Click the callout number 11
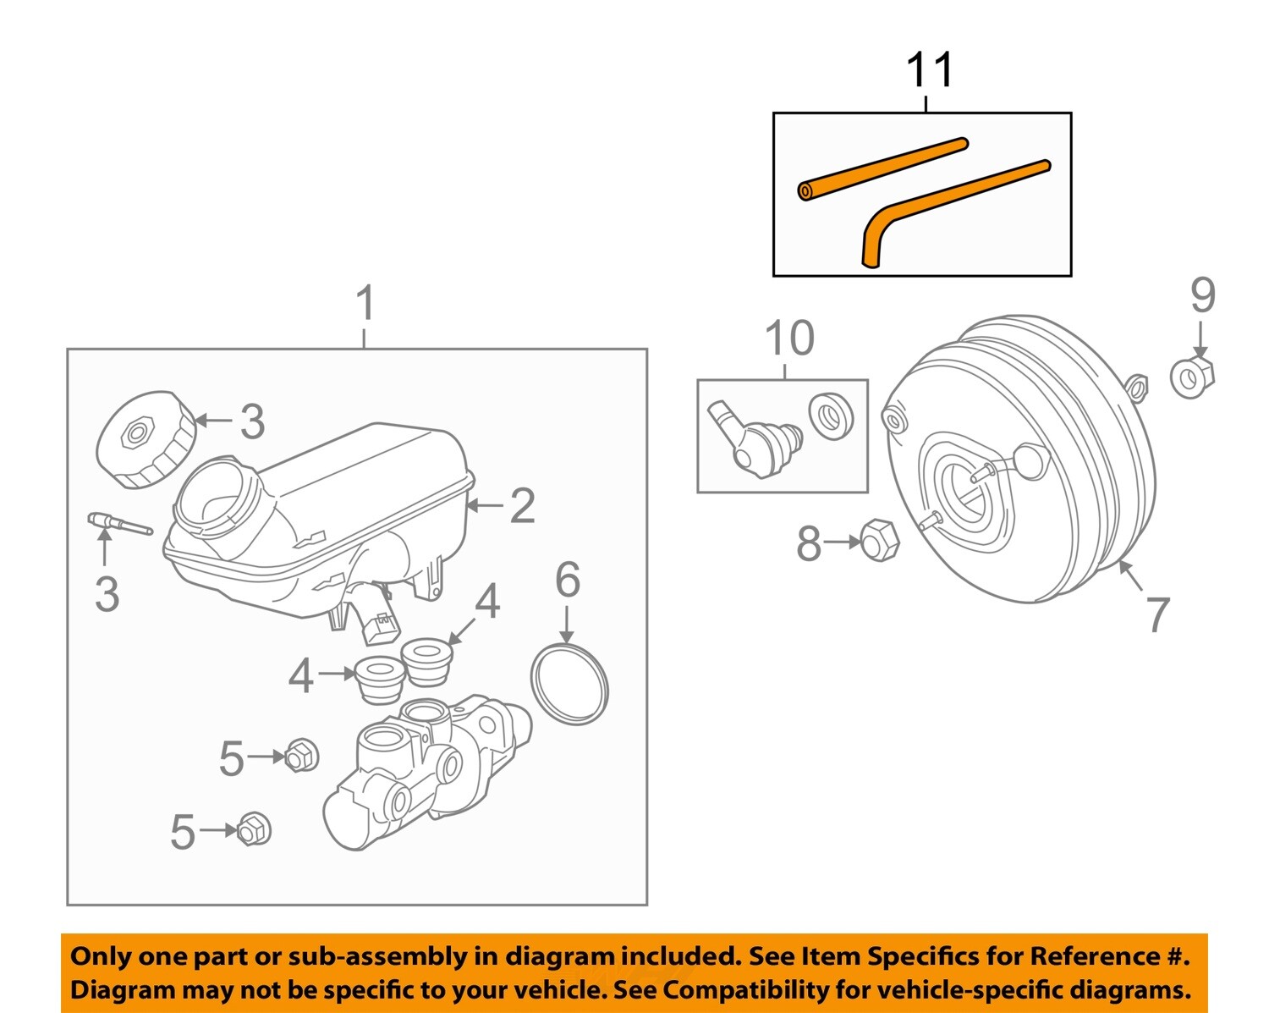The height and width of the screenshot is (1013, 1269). pyautogui.click(x=929, y=70)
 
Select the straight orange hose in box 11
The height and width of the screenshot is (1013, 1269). pyautogui.click(x=883, y=168)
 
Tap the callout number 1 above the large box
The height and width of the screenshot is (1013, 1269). pyautogui.click(x=365, y=304)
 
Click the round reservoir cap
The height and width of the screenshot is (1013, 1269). pyautogui.click(x=146, y=439)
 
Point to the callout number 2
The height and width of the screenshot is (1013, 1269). pyautogui.click(x=522, y=506)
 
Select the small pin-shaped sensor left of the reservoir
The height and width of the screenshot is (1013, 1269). pyautogui.click(x=119, y=524)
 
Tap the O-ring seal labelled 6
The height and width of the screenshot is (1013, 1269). pyautogui.click(x=569, y=684)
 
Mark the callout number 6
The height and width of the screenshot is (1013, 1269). pyautogui.click(x=567, y=581)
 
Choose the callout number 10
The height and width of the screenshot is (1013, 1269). pyautogui.click(x=788, y=339)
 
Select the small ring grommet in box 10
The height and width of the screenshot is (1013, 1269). pyautogui.click(x=831, y=416)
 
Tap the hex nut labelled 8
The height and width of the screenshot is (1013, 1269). pyautogui.click(x=879, y=540)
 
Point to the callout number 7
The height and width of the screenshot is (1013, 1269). pyautogui.click(x=1157, y=614)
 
